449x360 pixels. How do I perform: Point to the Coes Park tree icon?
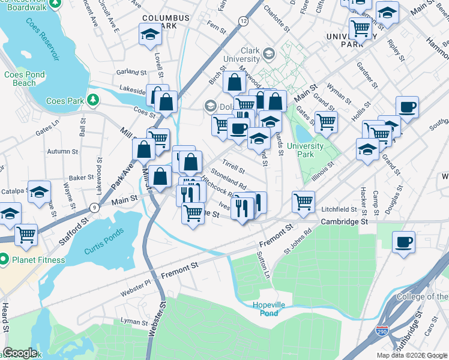pyautogui.click(x=92, y=100)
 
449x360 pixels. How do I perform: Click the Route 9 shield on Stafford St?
pyautogui.click(x=94, y=208)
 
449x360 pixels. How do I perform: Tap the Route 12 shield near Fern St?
pyautogui.click(x=243, y=21)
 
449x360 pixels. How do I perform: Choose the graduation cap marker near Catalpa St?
pyautogui.click(x=39, y=192)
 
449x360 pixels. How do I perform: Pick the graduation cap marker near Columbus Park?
pyautogui.click(x=148, y=35)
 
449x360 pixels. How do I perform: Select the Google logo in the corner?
pyautogui.click(x=20, y=353)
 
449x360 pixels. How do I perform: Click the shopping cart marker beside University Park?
pyautogui.click(x=325, y=122)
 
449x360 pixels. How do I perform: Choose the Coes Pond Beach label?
pyautogui.click(x=24, y=79)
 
